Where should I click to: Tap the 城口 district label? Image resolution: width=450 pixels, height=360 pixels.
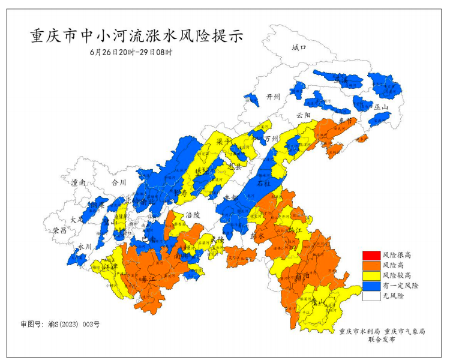[x=298, y=47]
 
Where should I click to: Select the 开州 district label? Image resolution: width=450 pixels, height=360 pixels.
[x=274, y=97]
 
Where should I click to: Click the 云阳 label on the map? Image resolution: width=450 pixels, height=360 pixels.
[x=304, y=115]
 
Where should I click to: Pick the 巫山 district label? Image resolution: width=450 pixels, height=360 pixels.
[x=381, y=107]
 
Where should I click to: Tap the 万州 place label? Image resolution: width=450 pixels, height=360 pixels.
[x=272, y=139]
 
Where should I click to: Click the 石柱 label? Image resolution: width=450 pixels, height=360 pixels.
[x=264, y=182]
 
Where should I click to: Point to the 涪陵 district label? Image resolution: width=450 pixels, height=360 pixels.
[x=192, y=214]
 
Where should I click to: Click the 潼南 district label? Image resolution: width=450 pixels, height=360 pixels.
[x=79, y=182]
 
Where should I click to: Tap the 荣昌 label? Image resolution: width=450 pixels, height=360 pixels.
[x=59, y=230]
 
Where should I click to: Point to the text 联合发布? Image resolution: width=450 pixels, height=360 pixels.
[x=382, y=340]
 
